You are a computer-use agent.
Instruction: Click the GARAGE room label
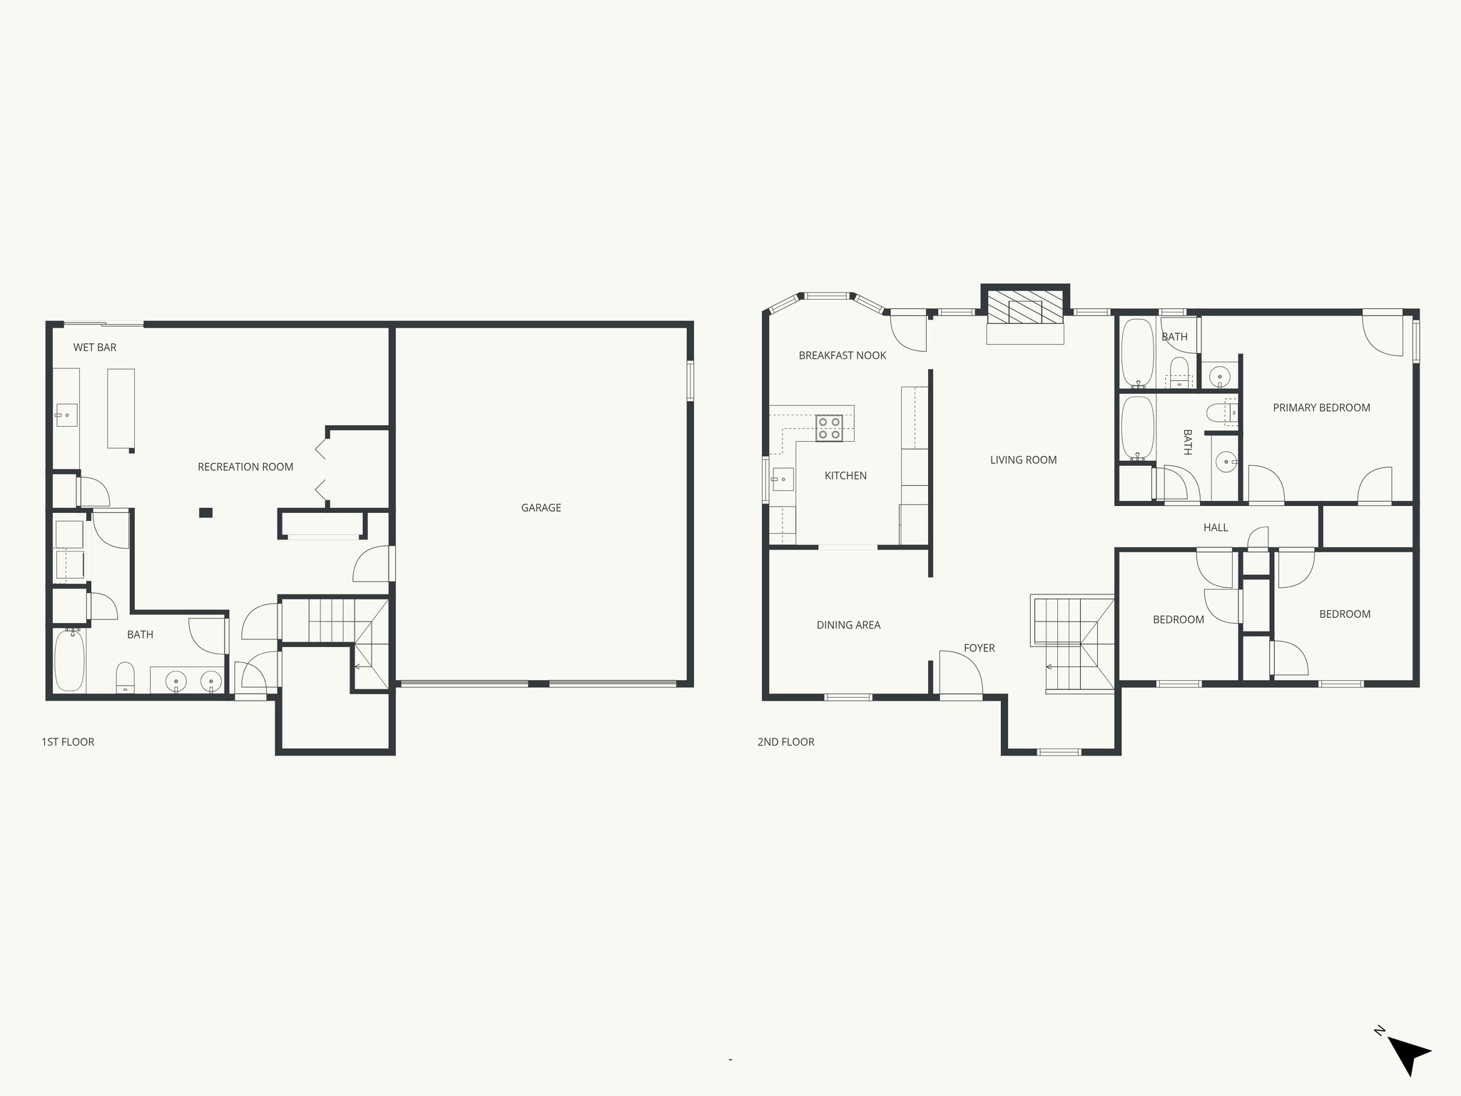pos(541,508)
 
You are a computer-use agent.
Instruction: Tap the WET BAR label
pos(95,347)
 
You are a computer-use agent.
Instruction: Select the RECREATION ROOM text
pos(245,467)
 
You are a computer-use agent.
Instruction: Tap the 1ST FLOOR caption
pos(68,742)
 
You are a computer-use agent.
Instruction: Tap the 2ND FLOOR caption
pos(785,742)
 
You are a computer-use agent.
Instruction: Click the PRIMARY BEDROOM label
pos(1321,408)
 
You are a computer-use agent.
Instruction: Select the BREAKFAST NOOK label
pos(842,355)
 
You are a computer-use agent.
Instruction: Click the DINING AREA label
pos(848,625)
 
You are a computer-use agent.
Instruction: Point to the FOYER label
pos(979,648)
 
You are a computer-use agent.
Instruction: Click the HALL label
pos(1216,528)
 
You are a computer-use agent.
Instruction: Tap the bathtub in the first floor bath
pos(69,661)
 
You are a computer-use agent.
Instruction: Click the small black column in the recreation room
pos(205,512)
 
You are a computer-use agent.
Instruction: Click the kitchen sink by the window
pos(782,479)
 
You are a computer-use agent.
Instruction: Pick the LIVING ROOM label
pos(1023,460)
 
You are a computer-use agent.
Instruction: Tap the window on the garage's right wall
pos(691,381)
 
